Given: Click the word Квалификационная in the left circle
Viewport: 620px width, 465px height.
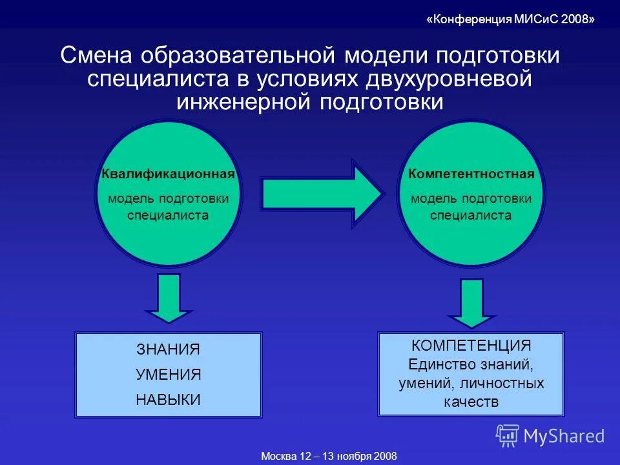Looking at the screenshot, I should click(x=168, y=174).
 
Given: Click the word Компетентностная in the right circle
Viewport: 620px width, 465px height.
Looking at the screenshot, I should click(x=471, y=174).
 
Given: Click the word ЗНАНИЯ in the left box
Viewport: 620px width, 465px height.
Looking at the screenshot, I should click(x=168, y=349).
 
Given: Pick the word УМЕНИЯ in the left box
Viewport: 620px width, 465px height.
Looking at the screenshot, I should click(x=168, y=375).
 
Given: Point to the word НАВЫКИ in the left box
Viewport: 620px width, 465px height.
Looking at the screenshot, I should click(x=168, y=400).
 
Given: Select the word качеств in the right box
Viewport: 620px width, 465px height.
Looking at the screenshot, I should click(x=471, y=402).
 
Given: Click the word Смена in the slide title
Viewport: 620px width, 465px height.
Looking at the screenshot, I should click(x=97, y=56).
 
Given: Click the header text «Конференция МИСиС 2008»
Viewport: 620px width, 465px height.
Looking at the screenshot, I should click(x=510, y=19).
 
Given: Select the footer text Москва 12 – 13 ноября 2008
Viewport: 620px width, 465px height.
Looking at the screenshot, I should click(x=329, y=456).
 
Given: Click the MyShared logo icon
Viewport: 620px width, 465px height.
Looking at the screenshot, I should click(x=507, y=436).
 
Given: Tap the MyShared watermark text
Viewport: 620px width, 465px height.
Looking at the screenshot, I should click(x=564, y=437).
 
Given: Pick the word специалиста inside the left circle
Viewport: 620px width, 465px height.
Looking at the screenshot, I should click(x=168, y=215).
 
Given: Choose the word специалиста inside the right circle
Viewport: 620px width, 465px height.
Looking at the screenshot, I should click(x=471, y=215).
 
